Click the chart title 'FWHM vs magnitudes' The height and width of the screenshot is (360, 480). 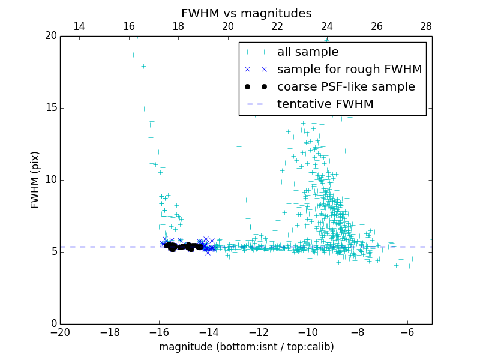[246, 13]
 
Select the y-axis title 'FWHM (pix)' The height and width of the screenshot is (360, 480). [35, 179]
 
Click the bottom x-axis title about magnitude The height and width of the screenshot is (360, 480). [246, 347]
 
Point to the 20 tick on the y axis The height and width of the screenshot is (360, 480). [50, 36]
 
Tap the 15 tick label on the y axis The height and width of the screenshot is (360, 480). [50, 108]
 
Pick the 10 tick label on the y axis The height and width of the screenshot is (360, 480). [50, 180]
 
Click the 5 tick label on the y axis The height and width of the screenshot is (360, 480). [53, 252]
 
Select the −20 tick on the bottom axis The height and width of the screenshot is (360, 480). [60, 332]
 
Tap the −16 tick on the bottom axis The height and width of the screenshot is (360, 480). [159, 332]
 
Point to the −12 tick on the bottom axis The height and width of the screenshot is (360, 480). [258, 332]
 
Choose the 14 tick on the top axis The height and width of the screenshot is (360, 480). [79, 26]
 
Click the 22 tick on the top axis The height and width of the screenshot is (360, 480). [277, 26]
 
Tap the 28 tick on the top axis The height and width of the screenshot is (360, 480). [426, 26]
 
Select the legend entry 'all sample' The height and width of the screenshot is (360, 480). [308, 52]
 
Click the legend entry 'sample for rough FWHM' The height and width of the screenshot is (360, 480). [349, 69]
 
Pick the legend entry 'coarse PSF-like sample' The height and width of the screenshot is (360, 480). [346, 86]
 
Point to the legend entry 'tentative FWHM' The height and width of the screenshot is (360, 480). [325, 104]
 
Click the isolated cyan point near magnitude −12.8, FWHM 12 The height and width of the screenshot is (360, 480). [239, 146]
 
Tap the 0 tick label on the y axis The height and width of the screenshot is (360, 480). [53, 324]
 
